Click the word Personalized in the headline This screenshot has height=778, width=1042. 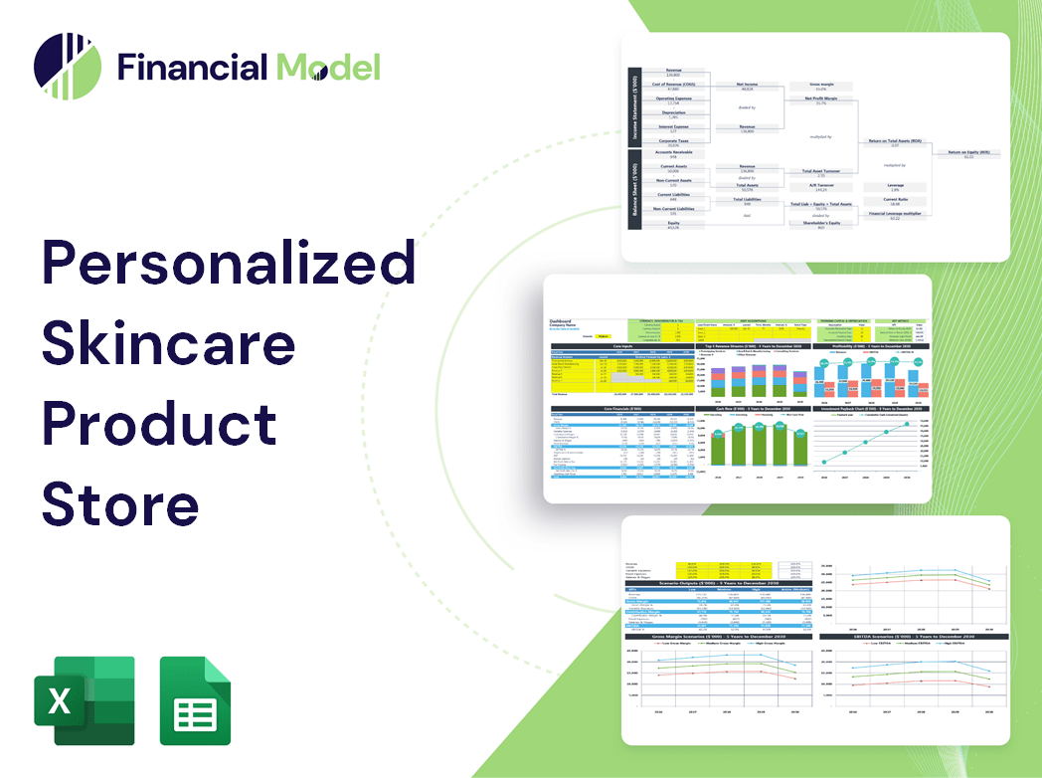tap(228, 264)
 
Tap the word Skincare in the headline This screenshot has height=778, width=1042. tap(168, 343)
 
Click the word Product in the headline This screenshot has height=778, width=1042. tap(159, 423)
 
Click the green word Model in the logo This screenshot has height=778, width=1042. tap(328, 67)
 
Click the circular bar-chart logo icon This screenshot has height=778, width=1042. tap(67, 67)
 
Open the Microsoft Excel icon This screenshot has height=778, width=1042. tap(84, 700)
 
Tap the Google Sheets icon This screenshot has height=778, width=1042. tap(196, 700)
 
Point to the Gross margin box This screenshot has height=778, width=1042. tap(821, 88)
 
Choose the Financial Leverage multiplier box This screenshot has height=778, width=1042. tap(895, 216)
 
